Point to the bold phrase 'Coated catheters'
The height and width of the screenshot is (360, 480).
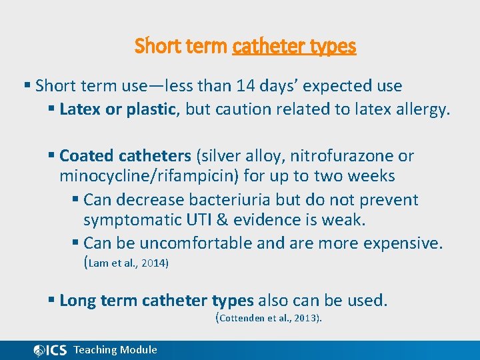(125, 156)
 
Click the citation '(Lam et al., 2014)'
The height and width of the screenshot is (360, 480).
(126, 263)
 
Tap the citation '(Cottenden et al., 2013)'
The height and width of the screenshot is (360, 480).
(269, 318)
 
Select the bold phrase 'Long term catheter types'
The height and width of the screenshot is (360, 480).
(157, 301)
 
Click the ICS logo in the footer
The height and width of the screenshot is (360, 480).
(50, 350)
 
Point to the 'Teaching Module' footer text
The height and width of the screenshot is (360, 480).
(115, 350)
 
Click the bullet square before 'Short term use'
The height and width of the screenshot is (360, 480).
(27, 86)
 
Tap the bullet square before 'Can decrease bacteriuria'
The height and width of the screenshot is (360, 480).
(76, 200)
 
